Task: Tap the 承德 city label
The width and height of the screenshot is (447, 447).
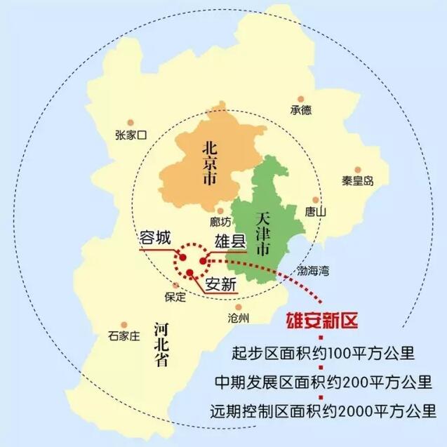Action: point(300,110)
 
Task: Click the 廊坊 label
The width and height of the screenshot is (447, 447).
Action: point(220,222)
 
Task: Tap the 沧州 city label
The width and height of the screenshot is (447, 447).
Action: point(239,318)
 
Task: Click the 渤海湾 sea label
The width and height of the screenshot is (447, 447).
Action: point(312,270)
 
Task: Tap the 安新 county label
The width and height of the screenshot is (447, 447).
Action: point(221,284)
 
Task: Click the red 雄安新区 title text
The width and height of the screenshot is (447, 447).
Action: point(321,322)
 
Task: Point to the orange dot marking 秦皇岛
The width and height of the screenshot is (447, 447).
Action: point(357,170)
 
